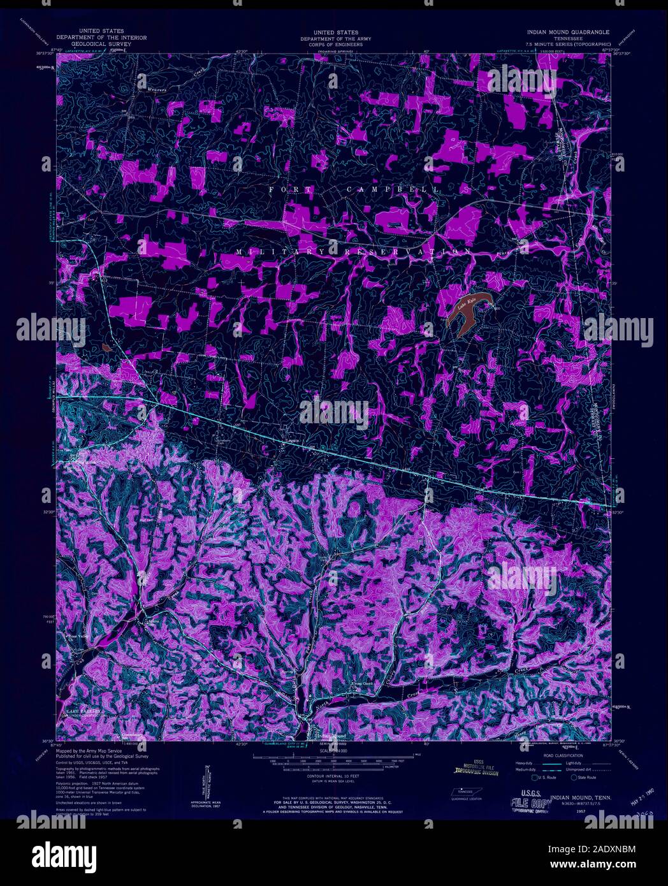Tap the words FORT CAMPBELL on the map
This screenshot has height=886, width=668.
coord(354,190)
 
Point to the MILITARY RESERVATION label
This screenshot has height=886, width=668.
coord(347,252)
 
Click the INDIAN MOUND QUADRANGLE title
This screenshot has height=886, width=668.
coord(567,32)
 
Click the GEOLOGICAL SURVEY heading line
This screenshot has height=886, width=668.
coord(101,44)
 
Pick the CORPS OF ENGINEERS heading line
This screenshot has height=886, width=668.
coord(335,44)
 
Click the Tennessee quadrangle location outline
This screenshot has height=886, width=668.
coord(463,791)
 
